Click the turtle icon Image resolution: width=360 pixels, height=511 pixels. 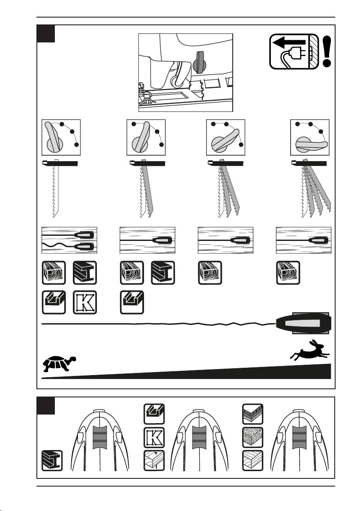59,362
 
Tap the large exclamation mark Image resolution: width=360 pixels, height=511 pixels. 328,51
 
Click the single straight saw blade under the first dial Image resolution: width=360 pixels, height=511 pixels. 54,191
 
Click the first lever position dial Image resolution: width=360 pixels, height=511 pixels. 60,137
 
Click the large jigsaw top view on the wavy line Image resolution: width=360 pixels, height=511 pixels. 303,322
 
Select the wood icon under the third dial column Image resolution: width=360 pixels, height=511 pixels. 210,272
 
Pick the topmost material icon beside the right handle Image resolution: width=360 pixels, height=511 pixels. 252,415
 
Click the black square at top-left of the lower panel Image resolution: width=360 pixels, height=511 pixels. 45,406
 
